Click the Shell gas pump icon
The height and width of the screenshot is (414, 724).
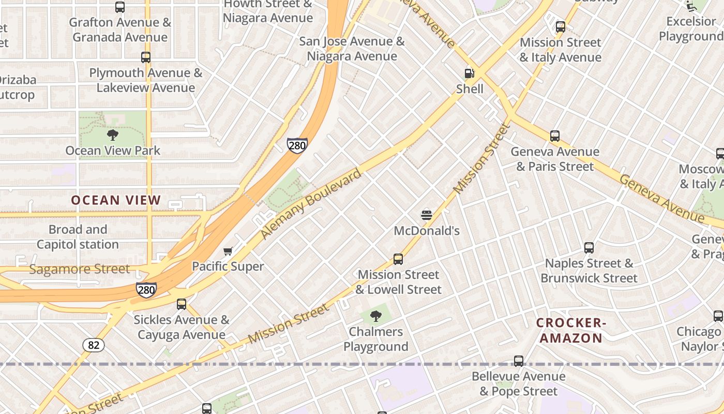[469, 73]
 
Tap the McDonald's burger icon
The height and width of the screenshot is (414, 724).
[427, 215]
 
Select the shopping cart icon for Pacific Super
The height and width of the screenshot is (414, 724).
[228, 252]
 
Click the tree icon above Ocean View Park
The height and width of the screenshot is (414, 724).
[113, 136]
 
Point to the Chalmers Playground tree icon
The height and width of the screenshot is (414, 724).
[376, 316]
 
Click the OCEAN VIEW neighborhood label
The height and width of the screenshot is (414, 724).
[116, 200]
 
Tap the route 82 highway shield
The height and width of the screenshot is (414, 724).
[93, 345]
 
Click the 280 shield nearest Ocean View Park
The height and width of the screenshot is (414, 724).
[297, 145]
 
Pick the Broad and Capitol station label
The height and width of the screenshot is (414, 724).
[78, 236]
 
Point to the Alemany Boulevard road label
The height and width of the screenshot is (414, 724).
[310, 204]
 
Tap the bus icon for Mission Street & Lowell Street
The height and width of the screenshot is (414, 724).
[398, 259]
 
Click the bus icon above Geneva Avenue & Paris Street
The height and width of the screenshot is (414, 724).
[555, 136]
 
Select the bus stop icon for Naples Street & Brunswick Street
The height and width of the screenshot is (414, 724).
[589, 248]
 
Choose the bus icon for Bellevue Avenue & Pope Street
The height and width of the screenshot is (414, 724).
[519, 361]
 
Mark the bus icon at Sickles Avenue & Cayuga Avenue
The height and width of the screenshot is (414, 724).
[181, 304]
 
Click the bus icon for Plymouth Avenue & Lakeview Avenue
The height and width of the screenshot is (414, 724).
[146, 57]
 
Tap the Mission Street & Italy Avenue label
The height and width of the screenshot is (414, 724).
[561, 50]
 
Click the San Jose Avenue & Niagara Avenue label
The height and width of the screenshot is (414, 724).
[352, 49]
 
